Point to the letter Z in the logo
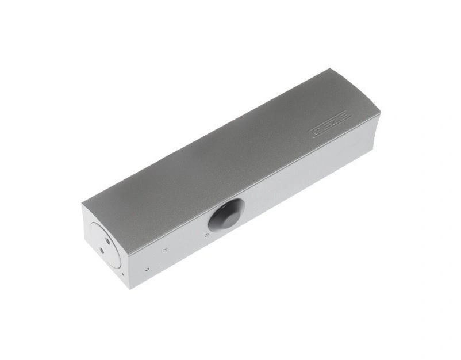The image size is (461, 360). click(x=334, y=121)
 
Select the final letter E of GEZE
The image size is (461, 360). click(x=344, y=116)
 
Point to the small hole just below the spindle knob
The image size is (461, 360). click(x=206, y=235)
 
